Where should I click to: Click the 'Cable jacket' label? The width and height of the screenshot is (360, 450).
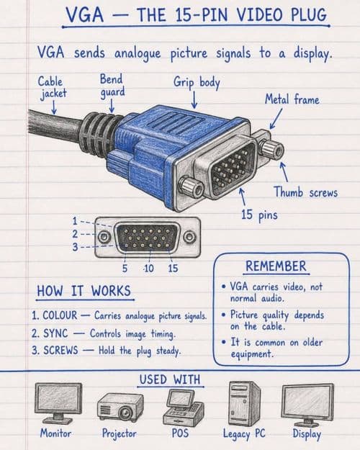point(53,88)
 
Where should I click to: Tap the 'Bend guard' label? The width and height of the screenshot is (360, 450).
point(112,86)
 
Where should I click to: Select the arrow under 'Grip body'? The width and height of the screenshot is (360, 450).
point(194,100)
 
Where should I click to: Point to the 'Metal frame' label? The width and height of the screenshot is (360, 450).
point(292,99)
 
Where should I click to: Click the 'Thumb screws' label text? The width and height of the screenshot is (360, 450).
point(305,192)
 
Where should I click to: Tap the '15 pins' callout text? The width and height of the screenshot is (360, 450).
point(259,215)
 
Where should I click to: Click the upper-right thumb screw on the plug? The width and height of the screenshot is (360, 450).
point(271,150)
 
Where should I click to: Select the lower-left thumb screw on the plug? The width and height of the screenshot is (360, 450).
point(191,187)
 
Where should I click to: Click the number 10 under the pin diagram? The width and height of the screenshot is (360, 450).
point(149,269)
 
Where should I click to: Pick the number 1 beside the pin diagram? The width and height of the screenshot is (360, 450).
point(75,221)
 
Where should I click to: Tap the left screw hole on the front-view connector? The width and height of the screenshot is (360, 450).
point(104,237)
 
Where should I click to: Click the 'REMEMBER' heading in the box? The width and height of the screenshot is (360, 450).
point(276,266)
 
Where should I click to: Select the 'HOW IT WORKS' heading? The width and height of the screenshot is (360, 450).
point(84,291)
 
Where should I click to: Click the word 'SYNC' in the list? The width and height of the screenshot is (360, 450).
point(55,333)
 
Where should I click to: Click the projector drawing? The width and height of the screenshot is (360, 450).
point(120,407)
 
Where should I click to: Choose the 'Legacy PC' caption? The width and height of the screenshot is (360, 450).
point(244,433)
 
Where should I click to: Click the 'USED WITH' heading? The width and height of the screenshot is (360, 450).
point(170,379)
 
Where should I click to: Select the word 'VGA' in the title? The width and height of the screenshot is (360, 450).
point(85,14)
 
